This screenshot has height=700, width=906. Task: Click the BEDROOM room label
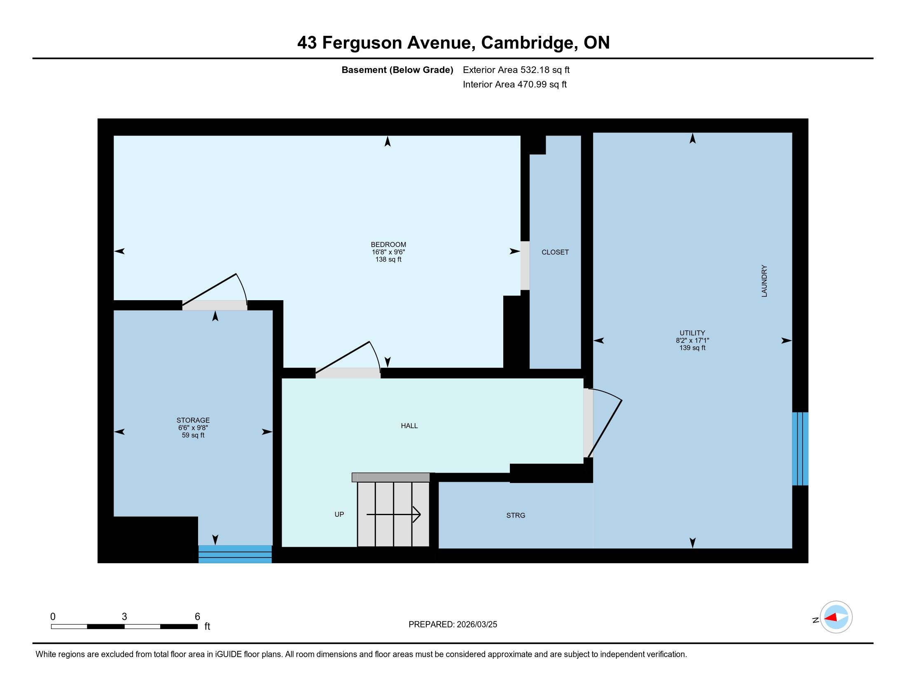point(388,245)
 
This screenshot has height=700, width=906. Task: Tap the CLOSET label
point(555,252)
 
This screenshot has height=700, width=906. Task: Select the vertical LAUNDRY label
point(764,281)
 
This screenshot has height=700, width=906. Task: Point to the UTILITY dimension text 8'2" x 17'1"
point(692,341)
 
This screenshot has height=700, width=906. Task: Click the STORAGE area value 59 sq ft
point(193,435)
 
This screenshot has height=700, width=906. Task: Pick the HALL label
point(409,426)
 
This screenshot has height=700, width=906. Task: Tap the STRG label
point(516,516)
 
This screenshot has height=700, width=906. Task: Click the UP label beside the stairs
point(339,514)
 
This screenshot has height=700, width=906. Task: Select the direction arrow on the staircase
point(394,515)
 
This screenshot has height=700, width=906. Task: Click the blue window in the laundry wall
point(800,449)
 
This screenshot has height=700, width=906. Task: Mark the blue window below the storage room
point(235,554)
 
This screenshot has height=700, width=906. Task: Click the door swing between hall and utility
point(605,423)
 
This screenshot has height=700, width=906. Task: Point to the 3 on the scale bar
point(124,617)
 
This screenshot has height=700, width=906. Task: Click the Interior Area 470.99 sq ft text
point(515,84)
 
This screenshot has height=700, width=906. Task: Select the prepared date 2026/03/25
point(476,625)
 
